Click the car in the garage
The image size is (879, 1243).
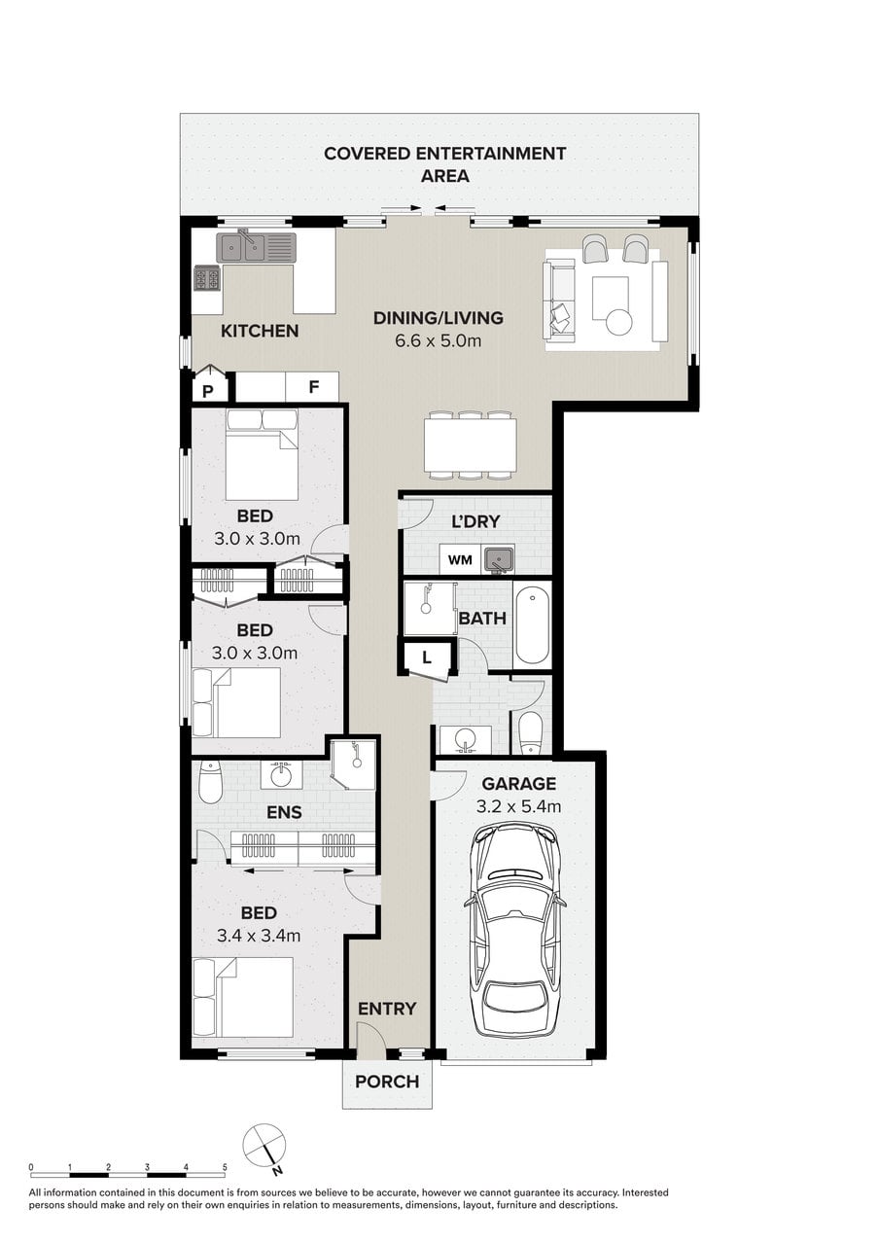[x=515, y=932]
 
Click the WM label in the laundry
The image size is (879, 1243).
[x=460, y=560]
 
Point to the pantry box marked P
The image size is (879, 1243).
[x=210, y=384]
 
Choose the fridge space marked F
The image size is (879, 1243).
[x=312, y=386]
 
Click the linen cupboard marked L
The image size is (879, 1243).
[x=426, y=658]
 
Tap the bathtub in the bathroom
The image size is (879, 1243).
[x=532, y=624]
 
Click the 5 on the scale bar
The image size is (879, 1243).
[x=225, y=1167]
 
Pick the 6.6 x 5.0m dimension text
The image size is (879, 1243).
[x=438, y=340]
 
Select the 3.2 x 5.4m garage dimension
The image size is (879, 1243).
[x=518, y=806]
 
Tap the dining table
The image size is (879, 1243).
[x=471, y=445]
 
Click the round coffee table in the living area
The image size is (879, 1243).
[x=619, y=322]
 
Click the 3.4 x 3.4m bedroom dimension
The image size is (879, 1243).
[x=259, y=936]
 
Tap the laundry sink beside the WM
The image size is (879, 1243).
[x=499, y=559]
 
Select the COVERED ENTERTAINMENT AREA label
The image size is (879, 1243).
[x=445, y=164]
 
